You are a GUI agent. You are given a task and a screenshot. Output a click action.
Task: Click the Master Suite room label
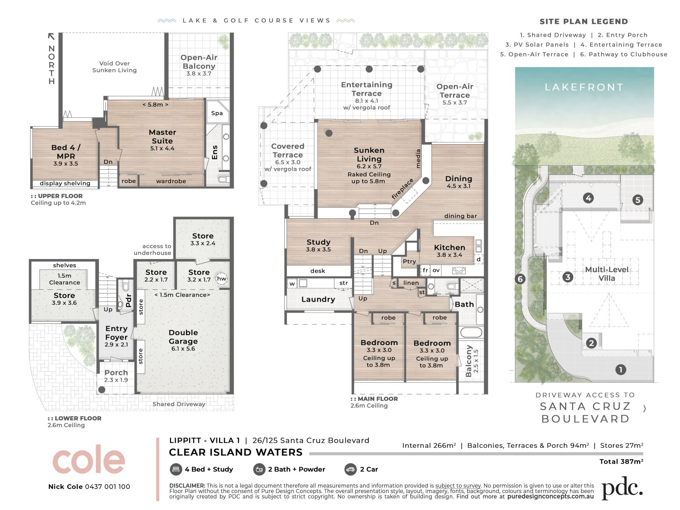162,136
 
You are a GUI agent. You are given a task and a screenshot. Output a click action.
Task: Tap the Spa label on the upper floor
217,113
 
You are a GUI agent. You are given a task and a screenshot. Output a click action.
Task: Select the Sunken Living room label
369,155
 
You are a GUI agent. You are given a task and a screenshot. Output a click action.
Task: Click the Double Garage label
183,337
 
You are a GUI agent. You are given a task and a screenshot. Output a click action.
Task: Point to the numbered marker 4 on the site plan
588,198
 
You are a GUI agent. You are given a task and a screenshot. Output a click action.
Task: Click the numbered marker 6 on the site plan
520,279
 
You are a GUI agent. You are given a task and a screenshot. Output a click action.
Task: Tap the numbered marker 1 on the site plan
620,370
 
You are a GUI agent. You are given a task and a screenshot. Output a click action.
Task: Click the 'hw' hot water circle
222,279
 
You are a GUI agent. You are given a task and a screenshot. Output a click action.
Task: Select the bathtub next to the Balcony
471,332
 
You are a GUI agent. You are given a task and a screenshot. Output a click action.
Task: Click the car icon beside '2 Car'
350,469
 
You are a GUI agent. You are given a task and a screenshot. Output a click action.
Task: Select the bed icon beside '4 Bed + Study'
175,469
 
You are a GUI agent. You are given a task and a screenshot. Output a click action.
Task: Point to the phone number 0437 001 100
107,487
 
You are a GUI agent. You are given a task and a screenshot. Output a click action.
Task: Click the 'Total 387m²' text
621,461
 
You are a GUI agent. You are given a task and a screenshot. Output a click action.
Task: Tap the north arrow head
51,36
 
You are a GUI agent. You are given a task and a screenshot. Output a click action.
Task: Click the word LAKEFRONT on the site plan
584,87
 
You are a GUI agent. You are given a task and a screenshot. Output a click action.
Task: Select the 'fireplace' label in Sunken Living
402,189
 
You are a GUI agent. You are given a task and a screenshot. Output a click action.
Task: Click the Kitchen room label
449,247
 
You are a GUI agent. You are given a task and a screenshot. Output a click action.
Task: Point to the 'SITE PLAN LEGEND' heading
584,22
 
